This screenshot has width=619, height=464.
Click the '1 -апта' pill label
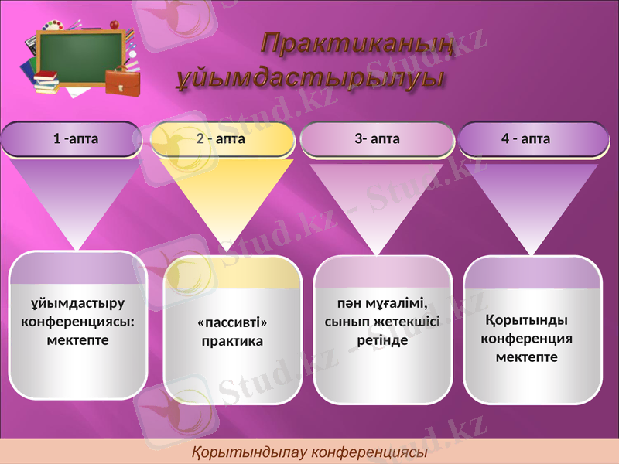point(75,139)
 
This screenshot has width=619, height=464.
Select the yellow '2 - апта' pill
point(221,139)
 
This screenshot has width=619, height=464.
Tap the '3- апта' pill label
point(377,139)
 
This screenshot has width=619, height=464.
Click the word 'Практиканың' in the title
point(355,45)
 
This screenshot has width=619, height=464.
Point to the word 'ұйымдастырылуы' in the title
point(309,78)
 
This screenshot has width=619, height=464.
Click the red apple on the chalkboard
point(115,25)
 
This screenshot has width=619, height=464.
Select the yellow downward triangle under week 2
point(225,193)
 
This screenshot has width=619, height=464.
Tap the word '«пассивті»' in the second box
point(232,322)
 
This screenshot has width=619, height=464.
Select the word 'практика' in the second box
point(232,341)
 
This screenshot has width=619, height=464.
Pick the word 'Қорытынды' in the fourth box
point(526,320)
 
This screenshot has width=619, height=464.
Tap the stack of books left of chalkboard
point(46,80)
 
